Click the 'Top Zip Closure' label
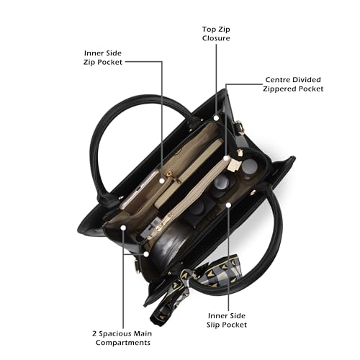click(x=216, y=34)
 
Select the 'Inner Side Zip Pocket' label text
click(x=103, y=58)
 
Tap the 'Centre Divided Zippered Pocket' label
click(x=293, y=84)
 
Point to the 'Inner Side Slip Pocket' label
click(x=227, y=320)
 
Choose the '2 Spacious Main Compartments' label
click(x=122, y=338)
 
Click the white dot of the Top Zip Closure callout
click(x=216, y=118)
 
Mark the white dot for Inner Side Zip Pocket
click(x=162, y=181)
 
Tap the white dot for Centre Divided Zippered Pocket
click(x=226, y=158)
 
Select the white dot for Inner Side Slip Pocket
click(x=228, y=205)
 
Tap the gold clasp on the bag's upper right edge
click(x=240, y=127)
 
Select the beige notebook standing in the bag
click(x=189, y=173)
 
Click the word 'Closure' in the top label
click(x=216, y=38)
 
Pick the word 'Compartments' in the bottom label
click(x=123, y=343)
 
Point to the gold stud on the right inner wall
click(x=253, y=192)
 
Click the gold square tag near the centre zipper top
click(x=235, y=165)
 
